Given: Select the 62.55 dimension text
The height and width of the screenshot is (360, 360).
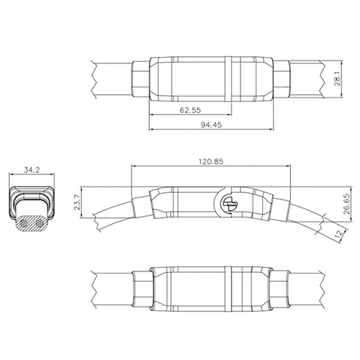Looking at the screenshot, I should click(x=191, y=109).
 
